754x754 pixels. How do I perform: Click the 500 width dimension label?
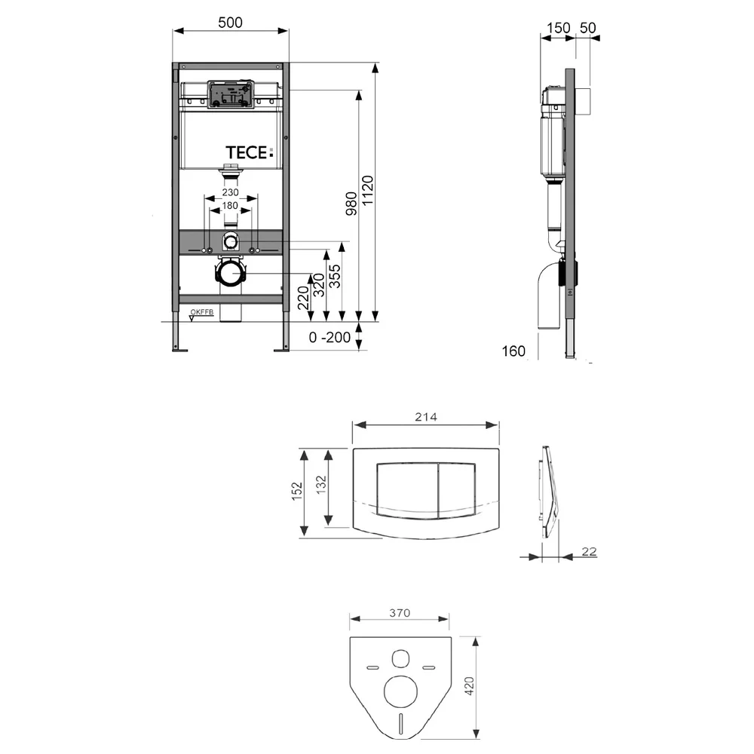click(230, 23)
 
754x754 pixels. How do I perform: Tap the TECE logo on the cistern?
click(249, 152)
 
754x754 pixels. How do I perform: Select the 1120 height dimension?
click(367, 191)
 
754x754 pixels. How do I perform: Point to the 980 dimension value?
click(351, 204)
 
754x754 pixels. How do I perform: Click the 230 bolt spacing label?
click(230, 192)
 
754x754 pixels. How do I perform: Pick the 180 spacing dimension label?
click(230, 205)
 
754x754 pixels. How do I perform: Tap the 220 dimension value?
click(302, 297)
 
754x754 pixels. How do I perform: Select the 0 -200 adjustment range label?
click(329, 337)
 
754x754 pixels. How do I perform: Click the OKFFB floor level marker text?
click(201, 312)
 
